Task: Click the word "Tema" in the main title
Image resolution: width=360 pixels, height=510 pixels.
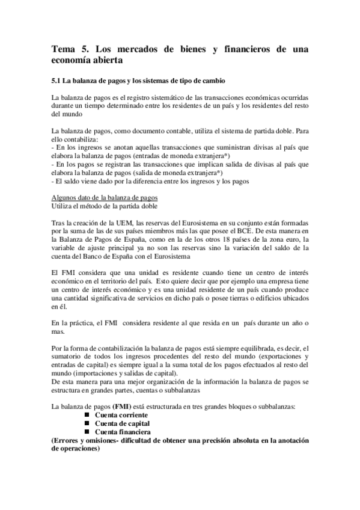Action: tap(62, 50)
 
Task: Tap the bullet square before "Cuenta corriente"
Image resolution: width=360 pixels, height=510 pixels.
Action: tap(87, 416)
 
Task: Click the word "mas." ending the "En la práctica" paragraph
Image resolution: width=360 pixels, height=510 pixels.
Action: tap(59, 332)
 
